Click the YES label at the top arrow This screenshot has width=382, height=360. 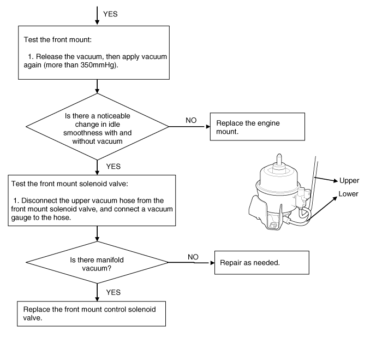coord(110,14)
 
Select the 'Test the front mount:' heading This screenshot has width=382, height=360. coord(58,39)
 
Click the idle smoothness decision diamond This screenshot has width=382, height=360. coord(97,127)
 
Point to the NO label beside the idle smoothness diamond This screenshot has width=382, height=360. coord(191,120)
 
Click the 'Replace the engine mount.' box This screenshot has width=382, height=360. coord(258,127)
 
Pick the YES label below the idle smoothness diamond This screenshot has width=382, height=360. coord(114,166)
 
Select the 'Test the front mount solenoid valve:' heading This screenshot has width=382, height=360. coord(70,184)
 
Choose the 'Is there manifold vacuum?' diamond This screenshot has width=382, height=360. coord(97,262)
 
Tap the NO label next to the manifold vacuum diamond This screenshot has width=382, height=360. coord(193,257)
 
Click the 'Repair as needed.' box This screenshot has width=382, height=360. coord(262,263)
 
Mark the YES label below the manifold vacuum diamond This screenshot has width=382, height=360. coord(114,292)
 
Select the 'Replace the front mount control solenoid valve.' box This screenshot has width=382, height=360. coord(91,314)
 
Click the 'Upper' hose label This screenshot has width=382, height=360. coord(349,181)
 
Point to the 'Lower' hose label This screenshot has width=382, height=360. coord(348,194)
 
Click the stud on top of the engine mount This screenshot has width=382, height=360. coord(279,160)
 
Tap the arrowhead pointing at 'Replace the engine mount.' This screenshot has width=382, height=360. coord(208,127)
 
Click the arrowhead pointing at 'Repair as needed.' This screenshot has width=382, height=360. coord(213,263)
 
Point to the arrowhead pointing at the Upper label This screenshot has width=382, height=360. coord(336,180)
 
